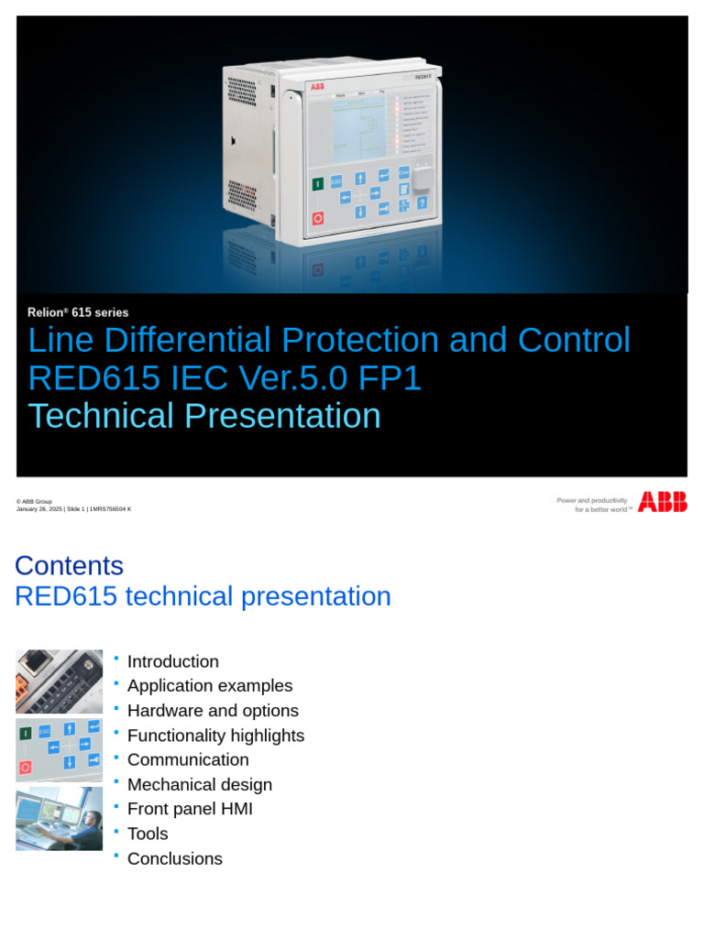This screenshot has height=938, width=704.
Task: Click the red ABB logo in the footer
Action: [x=663, y=501]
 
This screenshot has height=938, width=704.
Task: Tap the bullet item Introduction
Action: [x=172, y=661]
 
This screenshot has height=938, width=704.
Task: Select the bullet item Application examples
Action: [x=210, y=686]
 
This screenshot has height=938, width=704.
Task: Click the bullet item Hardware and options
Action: [x=213, y=711]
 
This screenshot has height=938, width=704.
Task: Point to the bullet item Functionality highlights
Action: [x=215, y=736]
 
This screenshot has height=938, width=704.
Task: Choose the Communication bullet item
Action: [x=188, y=759]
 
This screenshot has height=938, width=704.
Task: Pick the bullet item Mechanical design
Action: [x=200, y=785]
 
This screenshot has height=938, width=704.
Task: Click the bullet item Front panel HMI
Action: [x=190, y=809]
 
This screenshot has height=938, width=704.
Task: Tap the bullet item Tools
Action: [x=148, y=834]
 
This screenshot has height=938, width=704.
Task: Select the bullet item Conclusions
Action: [x=175, y=858]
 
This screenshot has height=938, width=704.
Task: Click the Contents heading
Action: [x=69, y=565]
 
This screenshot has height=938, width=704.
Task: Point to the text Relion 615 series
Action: [x=78, y=312]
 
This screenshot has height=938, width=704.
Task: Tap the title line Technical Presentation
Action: [x=204, y=416]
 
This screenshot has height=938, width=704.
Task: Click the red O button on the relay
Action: [x=318, y=218]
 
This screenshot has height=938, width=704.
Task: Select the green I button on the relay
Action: [x=318, y=184]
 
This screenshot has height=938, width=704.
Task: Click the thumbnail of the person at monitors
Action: [x=60, y=818]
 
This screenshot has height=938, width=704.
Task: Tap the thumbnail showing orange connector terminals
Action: [x=60, y=682]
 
